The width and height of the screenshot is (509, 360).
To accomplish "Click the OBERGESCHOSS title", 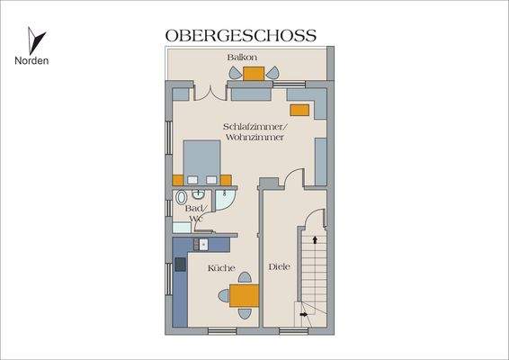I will tap(240, 36).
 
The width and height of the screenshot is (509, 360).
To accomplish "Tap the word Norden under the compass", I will tap(31, 61).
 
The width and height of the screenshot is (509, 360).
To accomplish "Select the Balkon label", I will tap(243, 58).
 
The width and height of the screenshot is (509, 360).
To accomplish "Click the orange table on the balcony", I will tap(253, 75).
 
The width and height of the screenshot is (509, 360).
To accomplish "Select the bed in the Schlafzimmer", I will tap(204, 160).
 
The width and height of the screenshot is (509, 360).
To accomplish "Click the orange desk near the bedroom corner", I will tap(299, 109).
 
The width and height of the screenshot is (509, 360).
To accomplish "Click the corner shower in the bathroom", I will tap(228, 199).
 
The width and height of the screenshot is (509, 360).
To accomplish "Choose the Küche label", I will tap(221, 268).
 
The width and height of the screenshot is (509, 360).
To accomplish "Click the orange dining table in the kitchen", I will tap(243, 295).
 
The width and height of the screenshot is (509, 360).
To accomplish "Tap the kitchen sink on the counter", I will tap(203, 243).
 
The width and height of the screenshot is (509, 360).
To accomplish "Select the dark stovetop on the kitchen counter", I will tap(181, 265).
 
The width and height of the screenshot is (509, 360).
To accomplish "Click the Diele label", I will tap(278, 266).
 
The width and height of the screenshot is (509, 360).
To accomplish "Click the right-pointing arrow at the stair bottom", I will tap(302, 311).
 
